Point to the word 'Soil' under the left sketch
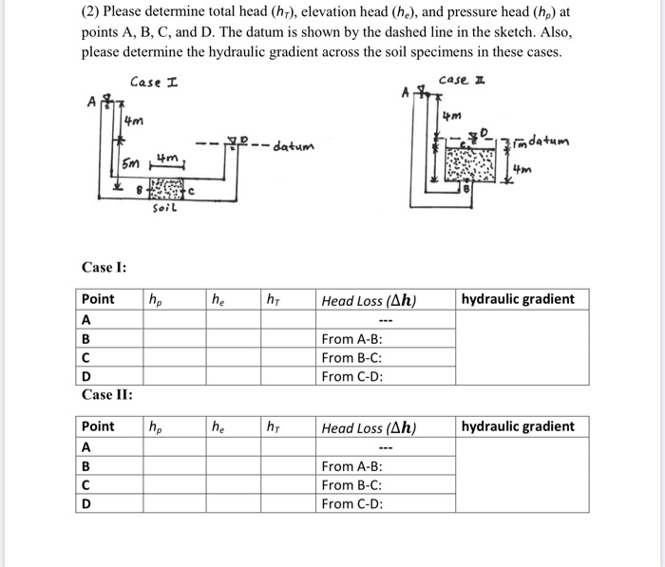pos(163,209)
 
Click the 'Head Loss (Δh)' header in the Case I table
pos(369,300)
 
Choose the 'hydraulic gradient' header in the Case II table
pos(518,426)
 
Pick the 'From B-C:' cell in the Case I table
pos(352,358)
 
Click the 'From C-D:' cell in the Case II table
pos(352,503)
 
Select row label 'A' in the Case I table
pos(86,320)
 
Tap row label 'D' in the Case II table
pos(86,503)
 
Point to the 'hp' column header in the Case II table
pos(155,427)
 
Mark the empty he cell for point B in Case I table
pos(234,339)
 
